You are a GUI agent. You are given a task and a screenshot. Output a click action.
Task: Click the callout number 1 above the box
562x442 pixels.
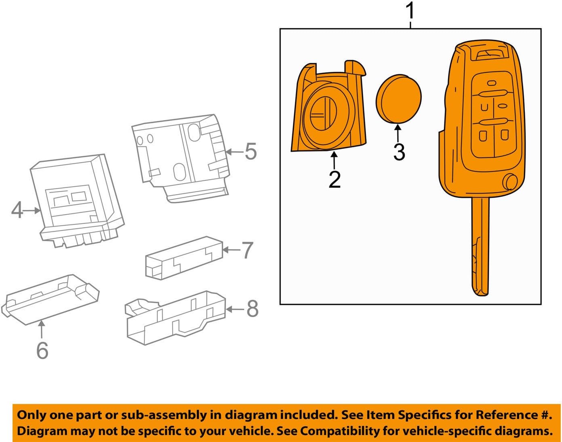point(410,11)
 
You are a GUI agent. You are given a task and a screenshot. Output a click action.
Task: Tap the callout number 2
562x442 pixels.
point(334,179)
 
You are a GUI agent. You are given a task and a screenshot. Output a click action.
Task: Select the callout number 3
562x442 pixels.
point(399,152)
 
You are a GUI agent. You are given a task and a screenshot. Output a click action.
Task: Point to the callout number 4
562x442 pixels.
point(17,210)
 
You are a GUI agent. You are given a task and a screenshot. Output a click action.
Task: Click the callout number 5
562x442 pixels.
point(251,152)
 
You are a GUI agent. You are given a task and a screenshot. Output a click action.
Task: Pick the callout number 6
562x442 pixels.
point(42,350)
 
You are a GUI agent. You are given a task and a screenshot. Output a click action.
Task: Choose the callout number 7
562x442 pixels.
point(247,250)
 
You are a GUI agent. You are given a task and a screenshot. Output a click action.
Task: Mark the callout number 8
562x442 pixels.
point(252,309)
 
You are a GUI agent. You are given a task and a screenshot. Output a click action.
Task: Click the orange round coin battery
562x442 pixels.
point(399,98)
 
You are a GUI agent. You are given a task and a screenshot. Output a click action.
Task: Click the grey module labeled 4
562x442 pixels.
point(77,200)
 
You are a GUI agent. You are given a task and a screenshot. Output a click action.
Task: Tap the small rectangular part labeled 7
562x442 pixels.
point(184,258)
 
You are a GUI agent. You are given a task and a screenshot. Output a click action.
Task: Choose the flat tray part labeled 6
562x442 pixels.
point(51,299)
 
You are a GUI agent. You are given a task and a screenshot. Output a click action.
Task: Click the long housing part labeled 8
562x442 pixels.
point(176,317)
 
